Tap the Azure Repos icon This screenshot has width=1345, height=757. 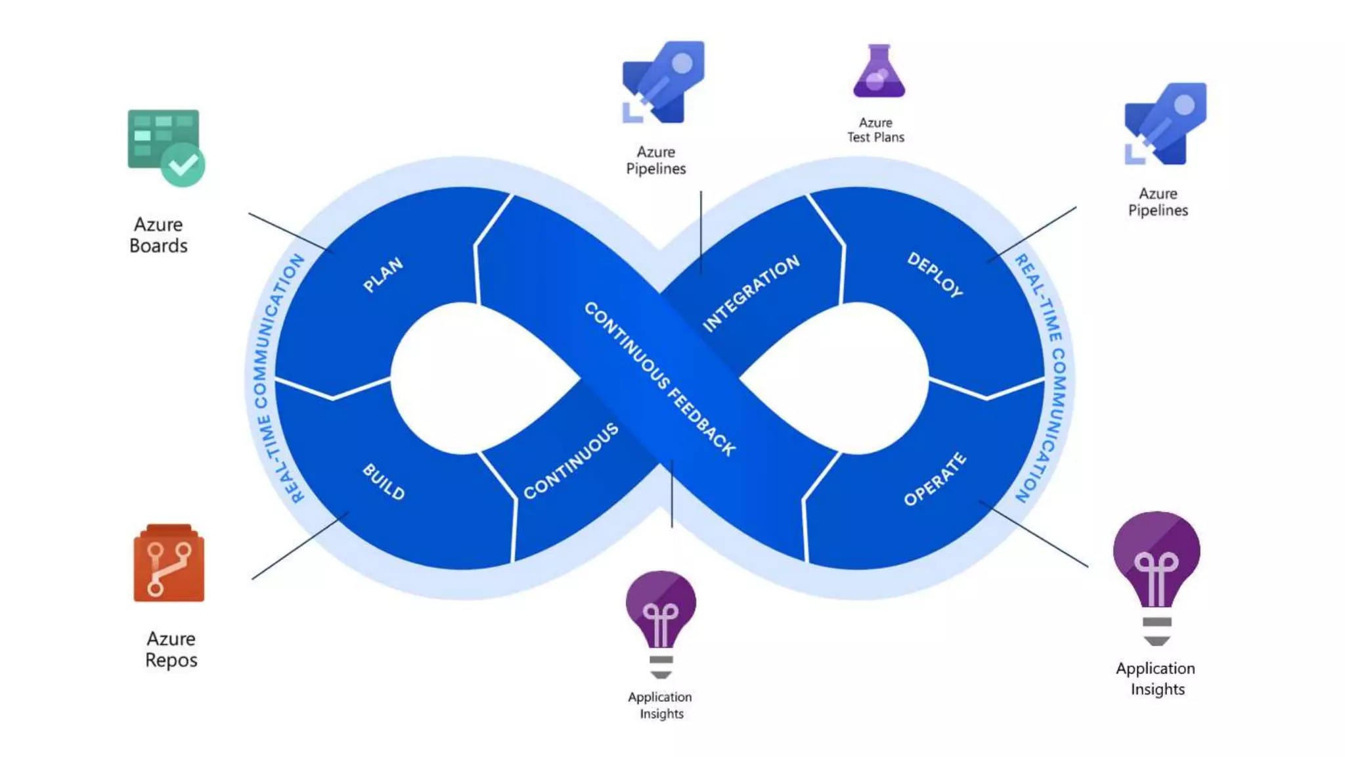tap(169, 563)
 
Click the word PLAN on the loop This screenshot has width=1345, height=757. tap(383, 275)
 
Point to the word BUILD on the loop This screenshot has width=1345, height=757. tap(384, 482)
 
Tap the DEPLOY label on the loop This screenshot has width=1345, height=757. tap(935, 275)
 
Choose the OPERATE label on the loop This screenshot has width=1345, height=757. tap(935, 479)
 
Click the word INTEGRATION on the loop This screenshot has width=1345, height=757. tap(751, 293)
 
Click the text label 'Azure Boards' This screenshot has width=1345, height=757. tap(158, 235)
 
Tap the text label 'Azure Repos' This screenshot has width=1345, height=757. tap(171, 649)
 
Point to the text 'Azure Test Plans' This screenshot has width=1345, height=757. tap(875, 130)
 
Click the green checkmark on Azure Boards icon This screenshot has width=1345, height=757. tap(183, 164)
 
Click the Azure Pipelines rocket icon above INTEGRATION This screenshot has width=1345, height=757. tap(663, 82)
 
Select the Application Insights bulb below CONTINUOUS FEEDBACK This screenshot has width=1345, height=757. tap(661, 621)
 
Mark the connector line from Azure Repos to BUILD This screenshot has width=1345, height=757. tap(299, 546)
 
